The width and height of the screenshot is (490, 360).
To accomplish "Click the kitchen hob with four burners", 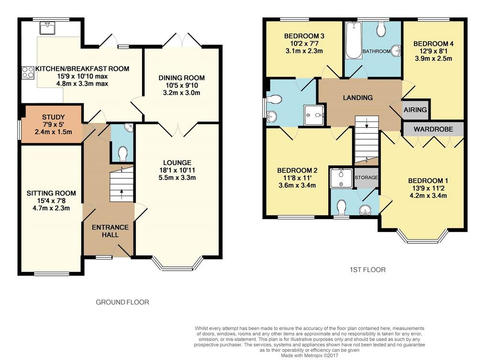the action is [28, 72].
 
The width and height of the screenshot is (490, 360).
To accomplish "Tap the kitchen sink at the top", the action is [47, 28].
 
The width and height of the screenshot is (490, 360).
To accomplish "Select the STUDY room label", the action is [54, 117].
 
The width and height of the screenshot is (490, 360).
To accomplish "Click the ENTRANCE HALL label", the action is [110, 231].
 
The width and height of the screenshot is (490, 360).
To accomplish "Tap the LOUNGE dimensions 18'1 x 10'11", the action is [177, 170].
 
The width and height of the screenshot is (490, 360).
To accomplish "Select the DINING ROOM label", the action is [181, 78].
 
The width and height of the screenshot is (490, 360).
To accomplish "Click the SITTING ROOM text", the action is [51, 193].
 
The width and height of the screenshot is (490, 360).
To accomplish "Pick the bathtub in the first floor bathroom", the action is [354, 40].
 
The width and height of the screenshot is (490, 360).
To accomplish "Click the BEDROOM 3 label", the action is [304, 36].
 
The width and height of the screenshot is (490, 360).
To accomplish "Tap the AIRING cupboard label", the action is [415, 109].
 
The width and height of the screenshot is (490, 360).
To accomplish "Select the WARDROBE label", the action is [433, 129].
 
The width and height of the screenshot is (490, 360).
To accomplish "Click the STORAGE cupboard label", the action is [366, 177].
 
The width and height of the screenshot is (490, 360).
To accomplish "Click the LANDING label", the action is [358, 98].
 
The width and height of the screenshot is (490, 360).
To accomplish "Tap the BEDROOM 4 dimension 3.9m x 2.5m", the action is [434, 58].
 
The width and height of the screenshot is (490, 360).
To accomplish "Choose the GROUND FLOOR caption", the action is [122, 302].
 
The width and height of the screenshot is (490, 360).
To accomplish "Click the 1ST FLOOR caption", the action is [367, 270].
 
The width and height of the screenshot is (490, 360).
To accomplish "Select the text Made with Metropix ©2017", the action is [310, 355].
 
